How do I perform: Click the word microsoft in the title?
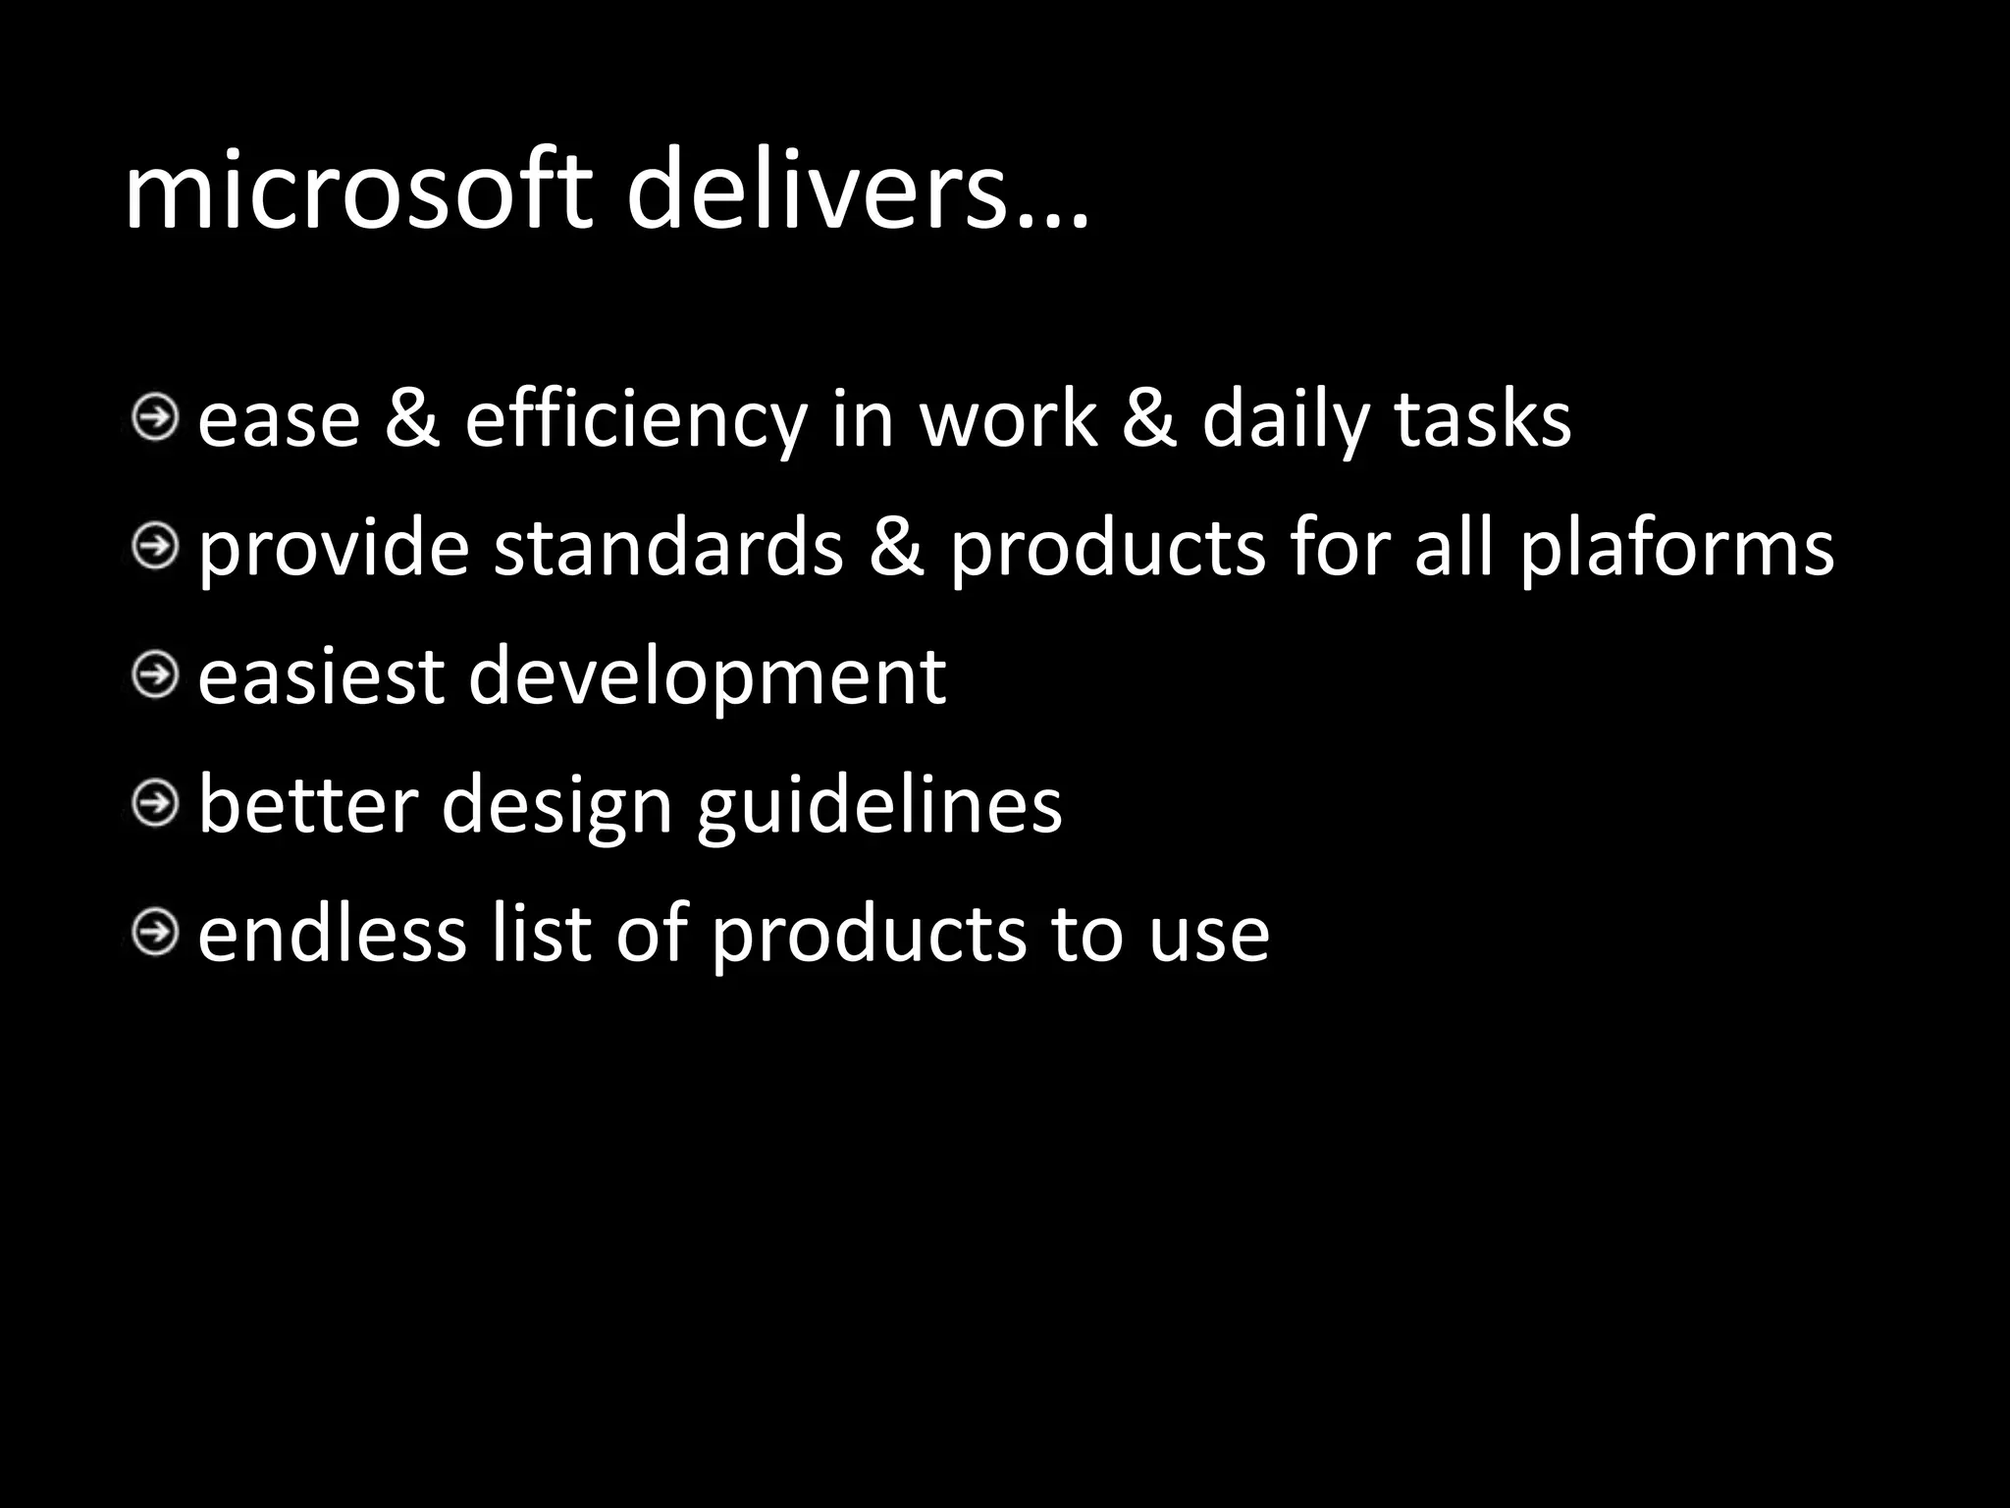[x=358, y=189]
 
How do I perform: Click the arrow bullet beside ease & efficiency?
[x=155, y=419]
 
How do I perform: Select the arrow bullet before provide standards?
[x=155, y=546]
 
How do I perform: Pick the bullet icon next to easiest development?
[x=155, y=675]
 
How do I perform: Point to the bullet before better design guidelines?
[x=155, y=804]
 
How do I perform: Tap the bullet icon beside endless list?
[x=155, y=932]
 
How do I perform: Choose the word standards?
[x=668, y=547]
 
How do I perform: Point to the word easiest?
[x=321, y=676]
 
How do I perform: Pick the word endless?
[x=332, y=933]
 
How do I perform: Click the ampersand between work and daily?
[x=1148, y=420]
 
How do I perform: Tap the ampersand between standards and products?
[x=896, y=547]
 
